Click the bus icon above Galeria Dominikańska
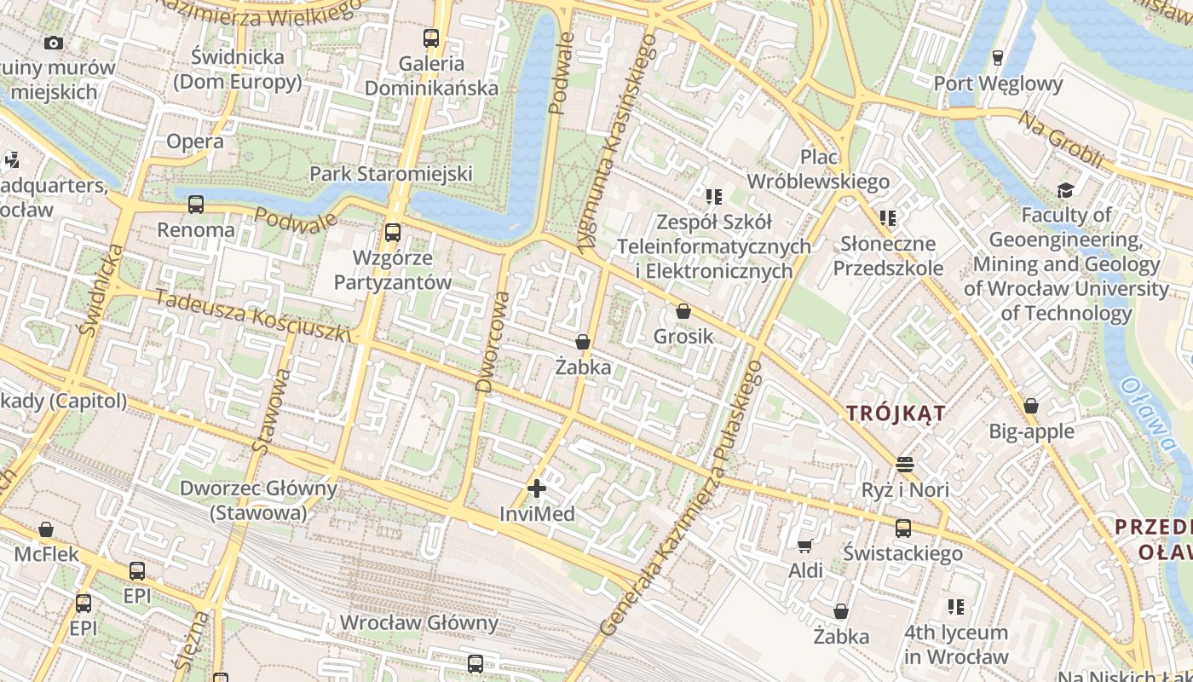[x=431, y=38]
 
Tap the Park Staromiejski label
[x=390, y=174]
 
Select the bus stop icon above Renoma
[x=196, y=205]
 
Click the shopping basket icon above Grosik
[x=683, y=311]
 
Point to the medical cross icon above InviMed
[x=536, y=488]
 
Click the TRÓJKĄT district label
[x=896, y=413]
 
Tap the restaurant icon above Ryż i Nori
[x=904, y=465]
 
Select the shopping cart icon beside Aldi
[x=804, y=546]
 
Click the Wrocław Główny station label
[x=418, y=622]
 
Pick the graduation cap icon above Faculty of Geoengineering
[x=1065, y=189]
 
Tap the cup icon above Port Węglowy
[x=997, y=58]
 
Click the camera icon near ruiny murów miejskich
[x=53, y=43]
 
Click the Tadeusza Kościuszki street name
[x=253, y=315]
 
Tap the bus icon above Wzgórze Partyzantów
[x=392, y=232]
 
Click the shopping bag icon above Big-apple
[x=1030, y=406]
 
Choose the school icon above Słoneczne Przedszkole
[x=888, y=218]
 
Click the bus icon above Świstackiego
[x=902, y=528]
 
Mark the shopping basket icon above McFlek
[x=46, y=529]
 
